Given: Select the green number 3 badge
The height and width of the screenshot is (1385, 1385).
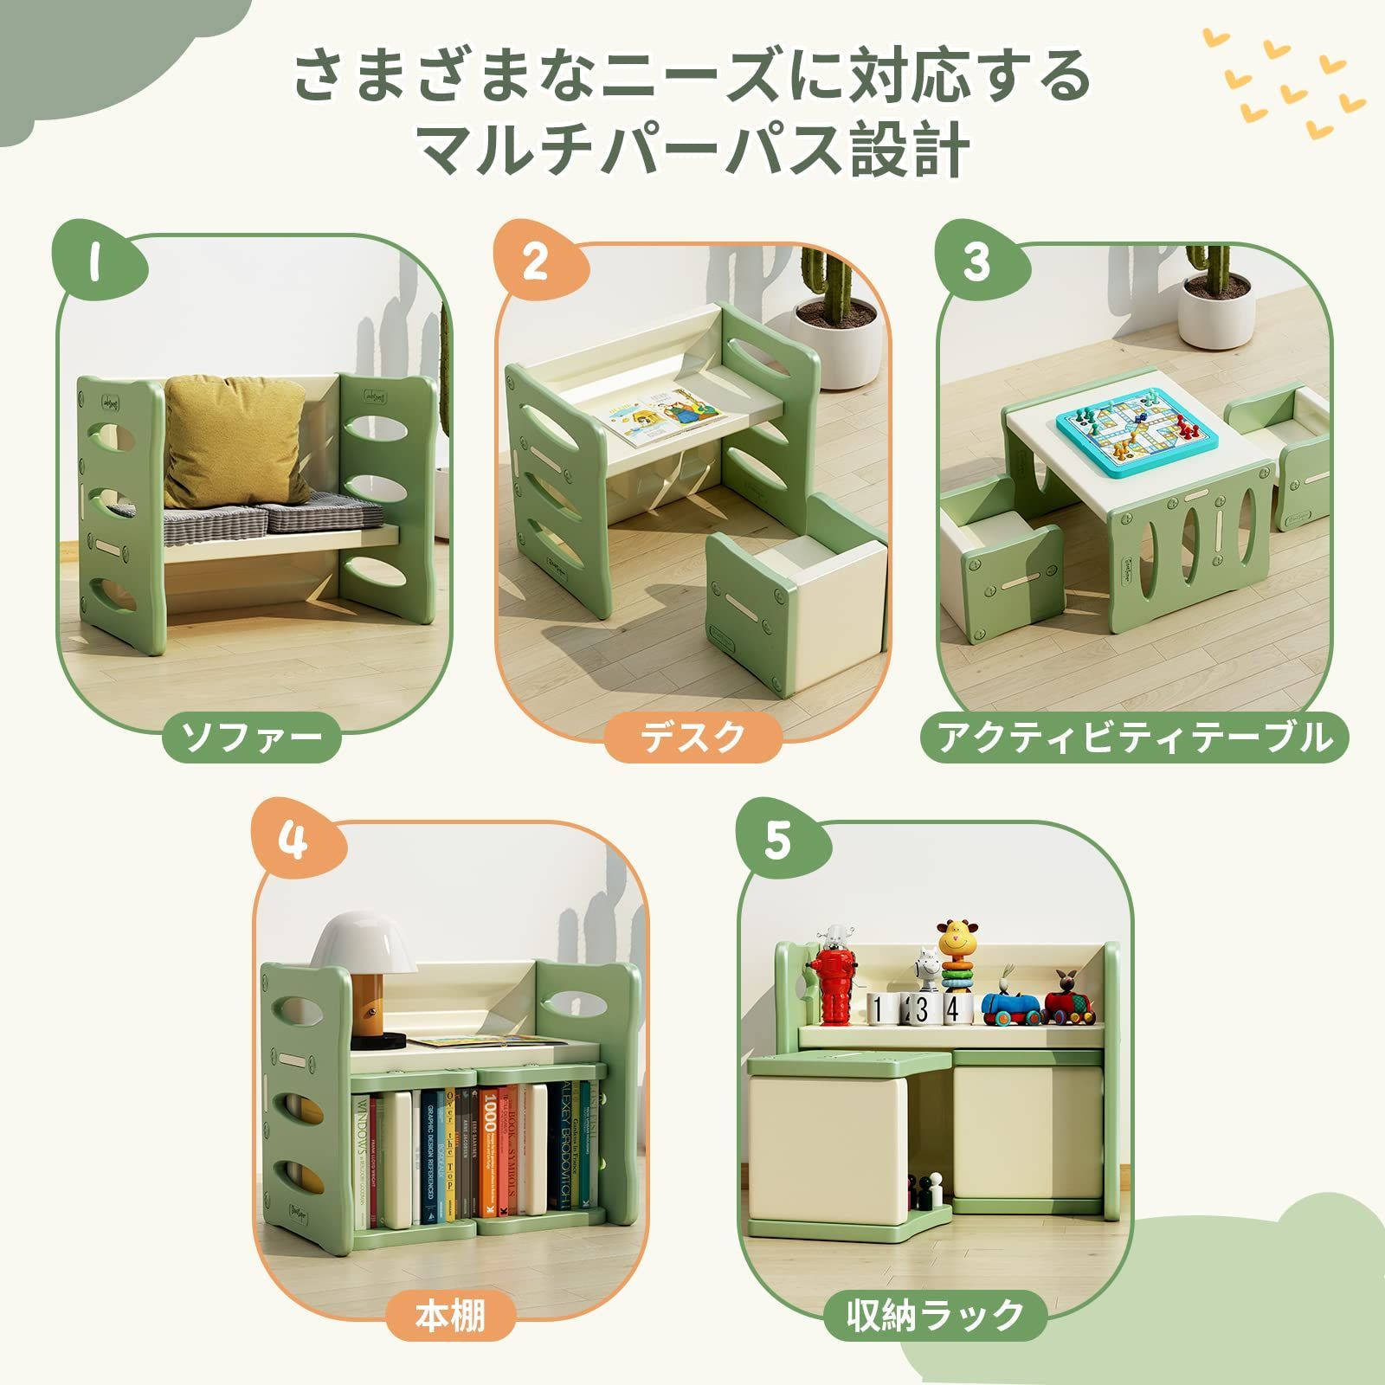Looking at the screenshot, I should point(976,261).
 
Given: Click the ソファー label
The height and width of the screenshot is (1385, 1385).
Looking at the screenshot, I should point(252,738).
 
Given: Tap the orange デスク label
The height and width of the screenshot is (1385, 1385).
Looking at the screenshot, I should point(692,738).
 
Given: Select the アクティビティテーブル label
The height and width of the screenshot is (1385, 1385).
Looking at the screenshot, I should point(1134,738).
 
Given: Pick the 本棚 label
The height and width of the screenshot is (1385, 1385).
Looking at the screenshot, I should point(451,1317).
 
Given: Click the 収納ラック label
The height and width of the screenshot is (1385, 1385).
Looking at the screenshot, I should point(936,1317).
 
